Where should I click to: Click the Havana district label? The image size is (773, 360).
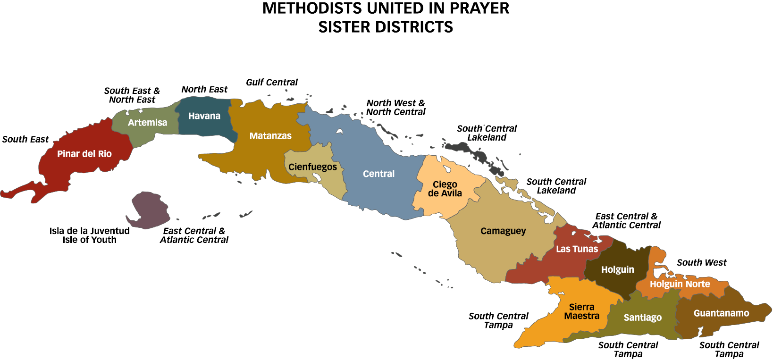click(204, 116)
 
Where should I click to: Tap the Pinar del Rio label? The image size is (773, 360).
click(84, 154)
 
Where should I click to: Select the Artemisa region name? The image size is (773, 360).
click(147, 123)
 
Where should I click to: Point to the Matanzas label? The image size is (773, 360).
click(270, 136)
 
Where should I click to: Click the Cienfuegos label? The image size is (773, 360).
click(312, 167)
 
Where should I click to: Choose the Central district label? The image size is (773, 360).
click(378, 174)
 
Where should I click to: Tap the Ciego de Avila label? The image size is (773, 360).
click(445, 189)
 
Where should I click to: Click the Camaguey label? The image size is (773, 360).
click(503, 231)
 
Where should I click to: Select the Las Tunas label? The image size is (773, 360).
click(577, 249)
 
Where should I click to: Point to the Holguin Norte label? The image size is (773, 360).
click(680, 284)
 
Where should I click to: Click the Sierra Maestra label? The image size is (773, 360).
click(581, 311)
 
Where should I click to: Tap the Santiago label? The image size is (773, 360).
click(642, 318)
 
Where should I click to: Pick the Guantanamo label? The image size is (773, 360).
click(721, 313)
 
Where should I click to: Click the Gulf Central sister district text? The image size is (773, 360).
click(272, 83)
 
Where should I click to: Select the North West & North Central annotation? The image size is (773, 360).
click(396, 108)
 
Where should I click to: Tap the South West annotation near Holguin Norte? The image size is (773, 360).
click(702, 263)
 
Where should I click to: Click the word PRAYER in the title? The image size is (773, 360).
click(480, 8)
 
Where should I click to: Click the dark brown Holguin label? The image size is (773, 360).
click(617, 270)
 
